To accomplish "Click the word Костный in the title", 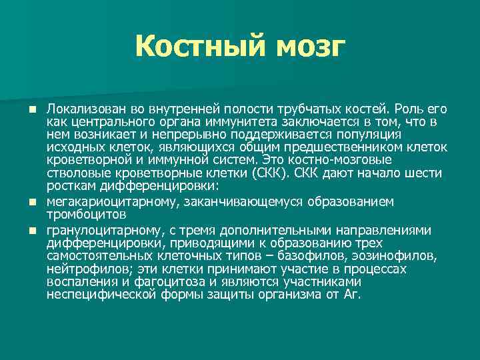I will coord(193,47).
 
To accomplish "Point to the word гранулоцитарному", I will coord(95,230).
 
